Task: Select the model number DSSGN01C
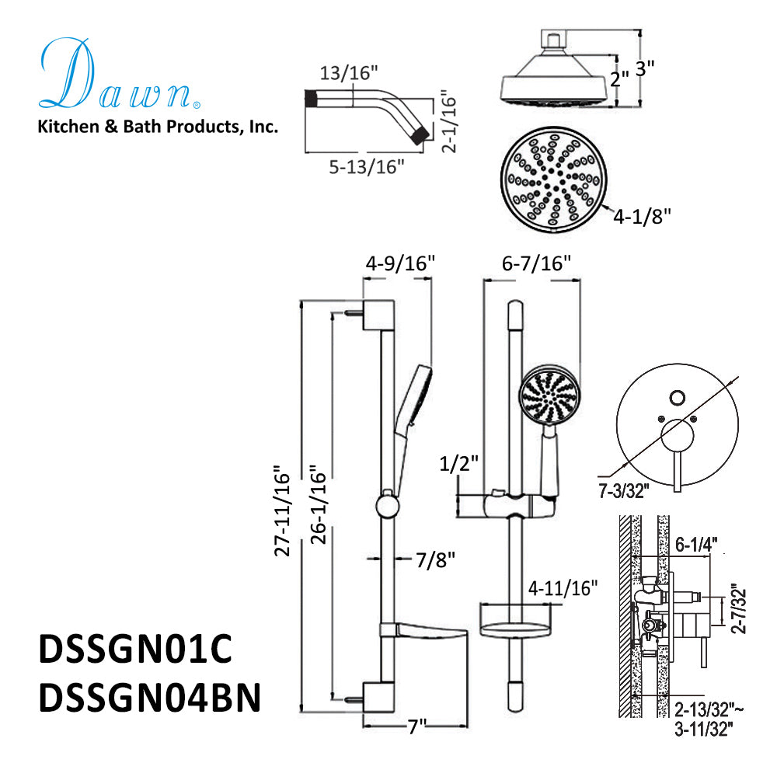pos(135,650)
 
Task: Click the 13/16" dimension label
pos(349,73)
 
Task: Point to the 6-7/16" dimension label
pos(531,264)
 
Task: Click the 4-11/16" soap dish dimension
pos(563,587)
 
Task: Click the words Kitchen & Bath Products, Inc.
pos(158,126)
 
